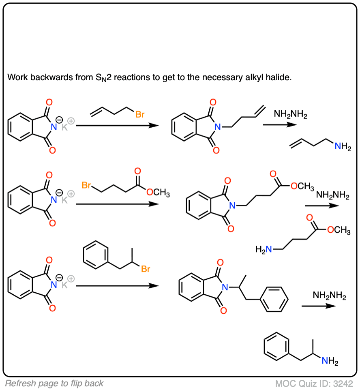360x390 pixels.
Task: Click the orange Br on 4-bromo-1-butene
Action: tap(140, 115)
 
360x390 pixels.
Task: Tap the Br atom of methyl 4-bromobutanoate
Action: tap(86, 185)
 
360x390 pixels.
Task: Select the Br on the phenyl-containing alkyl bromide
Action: tap(146, 269)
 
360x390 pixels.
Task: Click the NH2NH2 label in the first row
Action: tap(290, 115)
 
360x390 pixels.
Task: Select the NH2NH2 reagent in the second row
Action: tap(332, 196)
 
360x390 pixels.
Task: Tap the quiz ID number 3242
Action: tap(345, 383)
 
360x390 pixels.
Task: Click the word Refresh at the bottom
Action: tap(19, 383)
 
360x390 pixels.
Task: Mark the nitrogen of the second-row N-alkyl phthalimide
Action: tap(232, 206)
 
